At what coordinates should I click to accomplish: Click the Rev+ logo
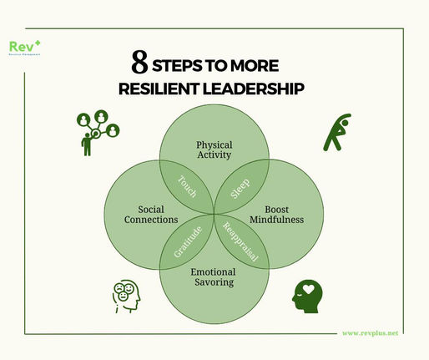pyautogui.click(x=23, y=47)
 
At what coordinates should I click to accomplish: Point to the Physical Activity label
pyautogui.click(x=214, y=147)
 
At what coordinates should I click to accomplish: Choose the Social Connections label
pyautogui.click(x=146, y=213)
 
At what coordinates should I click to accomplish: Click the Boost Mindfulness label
pyautogui.click(x=281, y=214)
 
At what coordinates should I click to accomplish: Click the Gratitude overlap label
pyautogui.click(x=188, y=241)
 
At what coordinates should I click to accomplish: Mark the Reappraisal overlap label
pyautogui.click(x=242, y=242)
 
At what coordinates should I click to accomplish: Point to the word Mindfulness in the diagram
pyautogui.click(x=281, y=220)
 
